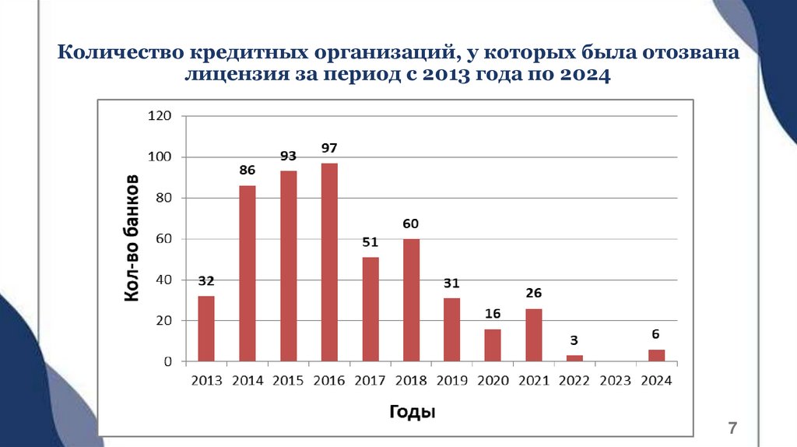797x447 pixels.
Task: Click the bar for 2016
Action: point(329,262)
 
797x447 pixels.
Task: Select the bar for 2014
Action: point(248,273)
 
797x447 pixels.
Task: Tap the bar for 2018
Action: point(411,300)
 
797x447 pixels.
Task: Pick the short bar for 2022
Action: point(574,358)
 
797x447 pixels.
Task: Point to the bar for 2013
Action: point(206,329)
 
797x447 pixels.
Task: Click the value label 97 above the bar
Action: point(329,148)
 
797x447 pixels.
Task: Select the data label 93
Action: point(289,157)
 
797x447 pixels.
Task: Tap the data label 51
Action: point(370,242)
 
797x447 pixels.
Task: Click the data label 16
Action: point(493,314)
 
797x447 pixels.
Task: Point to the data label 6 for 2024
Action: point(656,334)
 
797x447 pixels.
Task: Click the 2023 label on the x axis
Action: point(616,382)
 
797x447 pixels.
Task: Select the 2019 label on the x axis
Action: point(452,382)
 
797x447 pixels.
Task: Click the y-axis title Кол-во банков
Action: point(132,238)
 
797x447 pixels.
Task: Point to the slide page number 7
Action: point(732,428)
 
